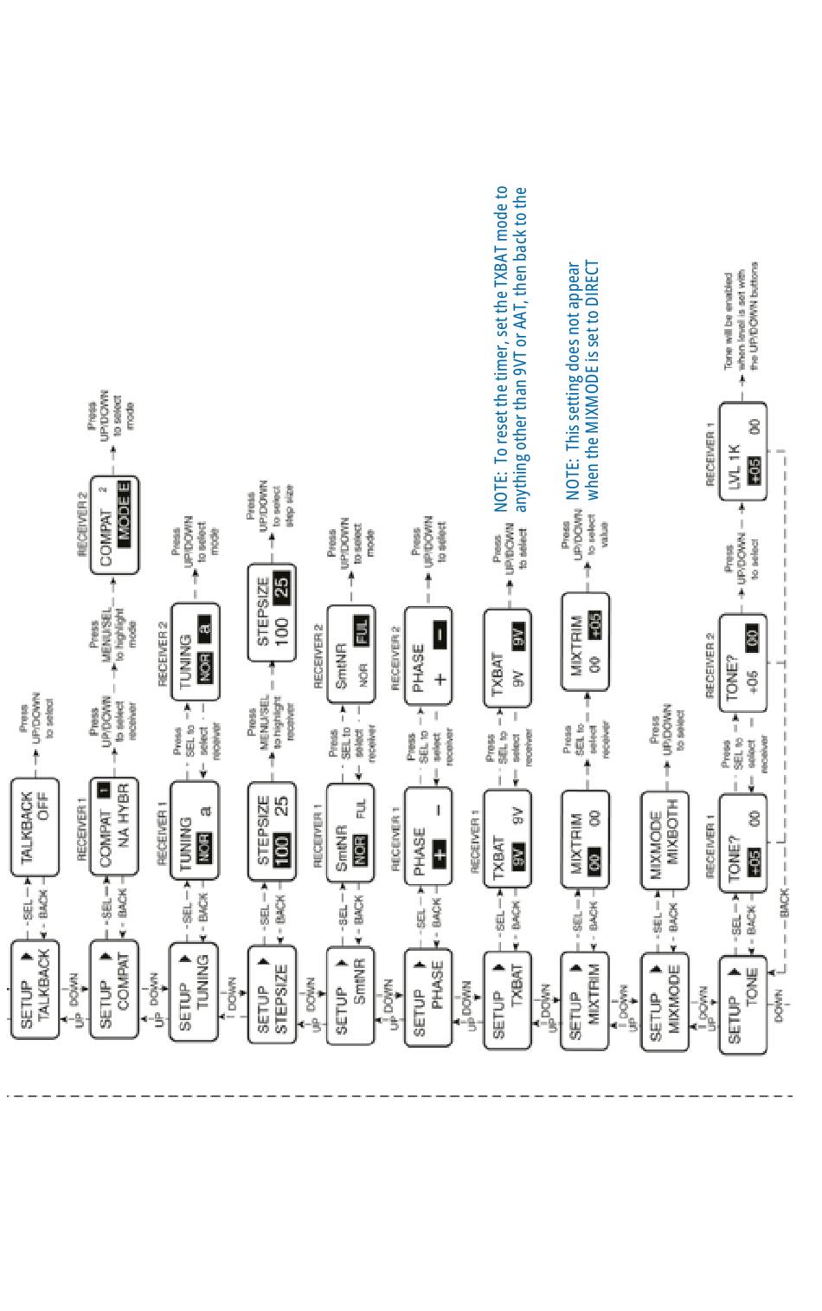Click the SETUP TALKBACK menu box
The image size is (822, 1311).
tap(35, 988)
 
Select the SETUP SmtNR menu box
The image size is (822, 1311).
tap(350, 994)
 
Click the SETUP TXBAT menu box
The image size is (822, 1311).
tap(507, 1000)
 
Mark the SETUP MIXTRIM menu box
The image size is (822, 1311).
tap(585, 1000)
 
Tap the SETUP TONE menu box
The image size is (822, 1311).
tap(742, 1004)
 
